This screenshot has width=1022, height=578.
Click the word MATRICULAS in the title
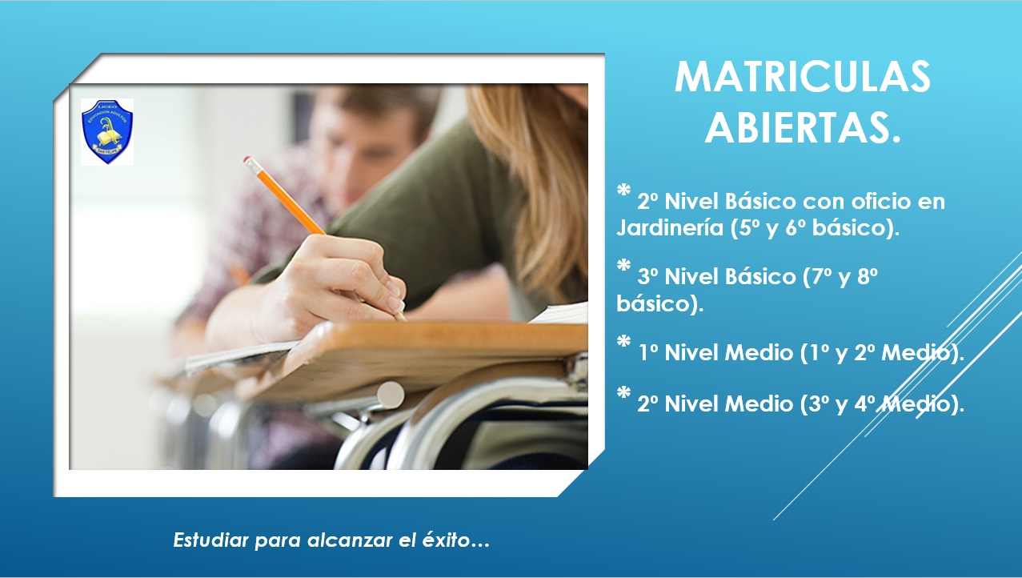tap(802, 77)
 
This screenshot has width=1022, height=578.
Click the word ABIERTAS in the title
tap(797, 126)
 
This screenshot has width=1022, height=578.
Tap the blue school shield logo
tap(106, 131)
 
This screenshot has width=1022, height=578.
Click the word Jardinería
tap(670, 228)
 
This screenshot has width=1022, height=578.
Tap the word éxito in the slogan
tap(448, 540)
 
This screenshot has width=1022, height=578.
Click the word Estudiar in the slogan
tap(210, 540)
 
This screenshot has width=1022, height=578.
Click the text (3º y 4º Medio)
tap(882, 405)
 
